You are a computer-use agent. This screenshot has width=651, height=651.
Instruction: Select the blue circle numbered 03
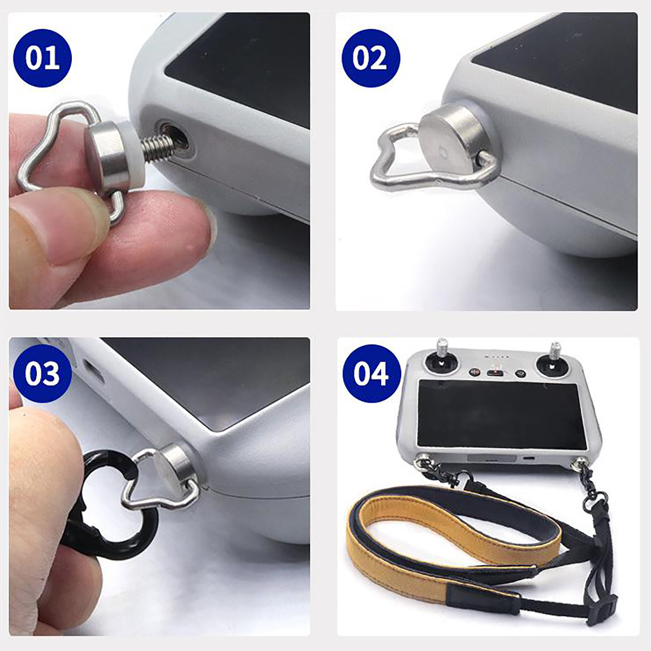(x=42, y=373)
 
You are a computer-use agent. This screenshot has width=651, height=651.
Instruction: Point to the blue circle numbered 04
(x=371, y=373)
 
